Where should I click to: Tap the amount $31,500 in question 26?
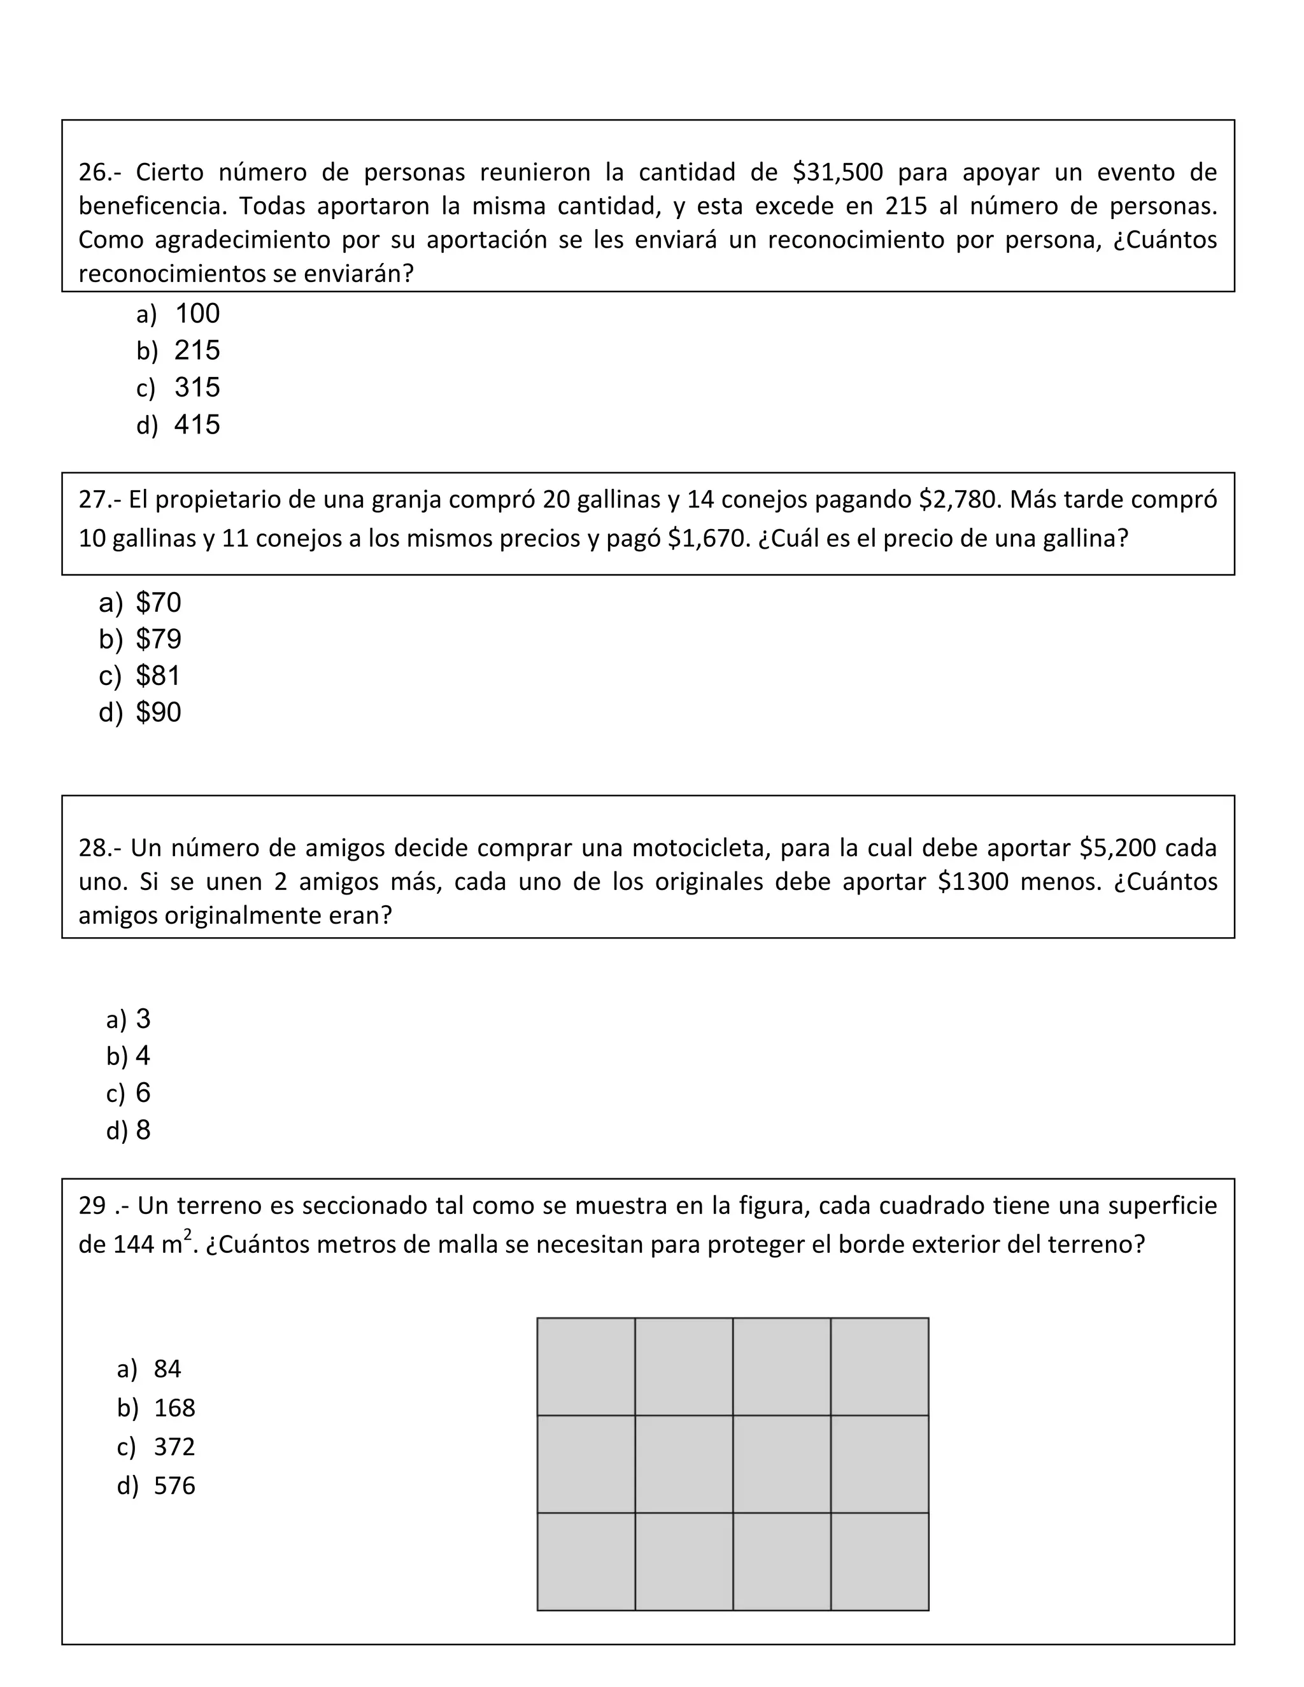(x=837, y=173)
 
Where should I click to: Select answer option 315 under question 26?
(x=197, y=388)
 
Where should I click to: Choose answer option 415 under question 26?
(x=197, y=425)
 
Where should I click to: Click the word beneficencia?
(x=152, y=206)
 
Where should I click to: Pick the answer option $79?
(x=159, y=639)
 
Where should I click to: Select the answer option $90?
(x=159, y=712)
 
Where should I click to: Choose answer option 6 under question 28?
(x=143, y=1093)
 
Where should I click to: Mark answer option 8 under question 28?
(x=143, y=1130)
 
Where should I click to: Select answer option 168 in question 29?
(x=174, y=1408)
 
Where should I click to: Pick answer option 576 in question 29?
(x=174, y=1485)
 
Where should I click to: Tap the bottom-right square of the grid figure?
(x=879, y=1561)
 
